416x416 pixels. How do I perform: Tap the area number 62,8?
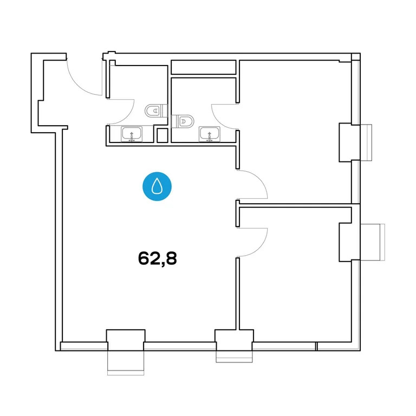pos(158,258)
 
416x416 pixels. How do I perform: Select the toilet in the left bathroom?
pos(153,111)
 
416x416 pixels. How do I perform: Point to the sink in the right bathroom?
pos(210,133)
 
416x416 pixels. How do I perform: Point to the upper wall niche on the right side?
pos(349,142)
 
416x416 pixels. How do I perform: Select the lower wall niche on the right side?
pos(349,241)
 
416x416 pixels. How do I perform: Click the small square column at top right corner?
pos(355,57)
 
